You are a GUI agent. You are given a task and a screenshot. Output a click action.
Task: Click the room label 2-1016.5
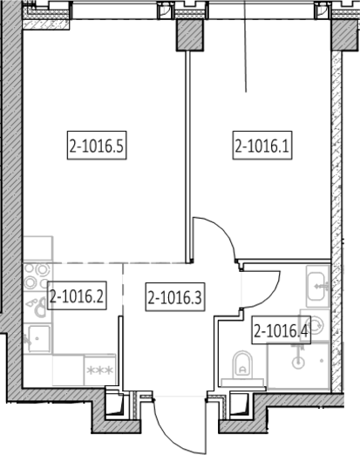(97, 146)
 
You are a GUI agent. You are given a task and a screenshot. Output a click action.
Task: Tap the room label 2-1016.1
(262, 146)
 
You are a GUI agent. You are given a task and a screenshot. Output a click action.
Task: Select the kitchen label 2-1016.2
(77, 295)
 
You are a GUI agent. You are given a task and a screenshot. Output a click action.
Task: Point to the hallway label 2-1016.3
(175, 296)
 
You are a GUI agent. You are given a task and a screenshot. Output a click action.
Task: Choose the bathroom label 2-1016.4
(281, 329)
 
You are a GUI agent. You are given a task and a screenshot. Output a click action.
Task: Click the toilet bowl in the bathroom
(242, 364)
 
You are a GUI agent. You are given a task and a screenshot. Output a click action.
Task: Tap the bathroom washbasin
(317, 286)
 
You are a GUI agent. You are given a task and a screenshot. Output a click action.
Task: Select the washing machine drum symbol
(316, 325)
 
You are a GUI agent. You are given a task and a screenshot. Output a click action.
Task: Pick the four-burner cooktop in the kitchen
(37, 277)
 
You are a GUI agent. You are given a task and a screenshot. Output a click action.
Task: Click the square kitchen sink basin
(38, 338)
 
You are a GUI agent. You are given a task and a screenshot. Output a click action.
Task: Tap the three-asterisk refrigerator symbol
(100, 370)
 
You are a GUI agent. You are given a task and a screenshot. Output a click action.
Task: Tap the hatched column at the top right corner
(344, 35)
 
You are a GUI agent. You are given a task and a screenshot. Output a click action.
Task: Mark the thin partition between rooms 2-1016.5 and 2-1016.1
(188, 157)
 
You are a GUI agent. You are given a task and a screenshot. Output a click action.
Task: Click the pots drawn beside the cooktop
(37, 307)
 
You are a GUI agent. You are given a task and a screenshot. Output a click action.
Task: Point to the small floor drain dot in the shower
(322, 361)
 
